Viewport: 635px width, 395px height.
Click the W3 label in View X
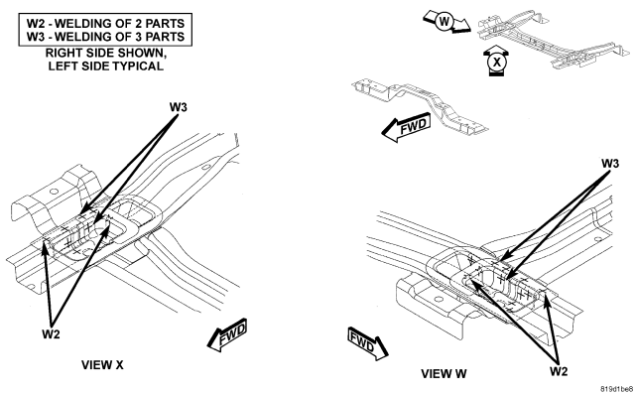click(179, 107)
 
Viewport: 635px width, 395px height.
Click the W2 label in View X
click(51, 334)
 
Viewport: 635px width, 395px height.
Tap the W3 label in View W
click(610, 164)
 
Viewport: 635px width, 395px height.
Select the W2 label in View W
click(559, 371)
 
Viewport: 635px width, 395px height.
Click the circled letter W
click(444, 21)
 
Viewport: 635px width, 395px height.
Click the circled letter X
click(496, 62)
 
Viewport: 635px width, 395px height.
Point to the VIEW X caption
click(102, 365)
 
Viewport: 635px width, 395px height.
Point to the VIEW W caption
click(444, 373)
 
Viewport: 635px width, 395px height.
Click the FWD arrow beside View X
click(227, 335)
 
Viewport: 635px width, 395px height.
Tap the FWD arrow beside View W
click(367, 343)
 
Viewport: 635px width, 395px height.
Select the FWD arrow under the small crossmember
click(406, 127)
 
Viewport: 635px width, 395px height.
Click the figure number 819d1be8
click(616, 389)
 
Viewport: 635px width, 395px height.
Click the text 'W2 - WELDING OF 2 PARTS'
click(105, 23)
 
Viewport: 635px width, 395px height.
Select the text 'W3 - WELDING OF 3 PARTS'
click(105, 37)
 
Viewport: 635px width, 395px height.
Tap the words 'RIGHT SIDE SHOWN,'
click(106, 53)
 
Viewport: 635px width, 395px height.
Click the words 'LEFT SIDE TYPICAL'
click(106, 66)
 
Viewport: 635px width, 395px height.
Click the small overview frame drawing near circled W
click(554, 40)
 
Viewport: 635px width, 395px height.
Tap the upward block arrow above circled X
click(496, 50)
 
